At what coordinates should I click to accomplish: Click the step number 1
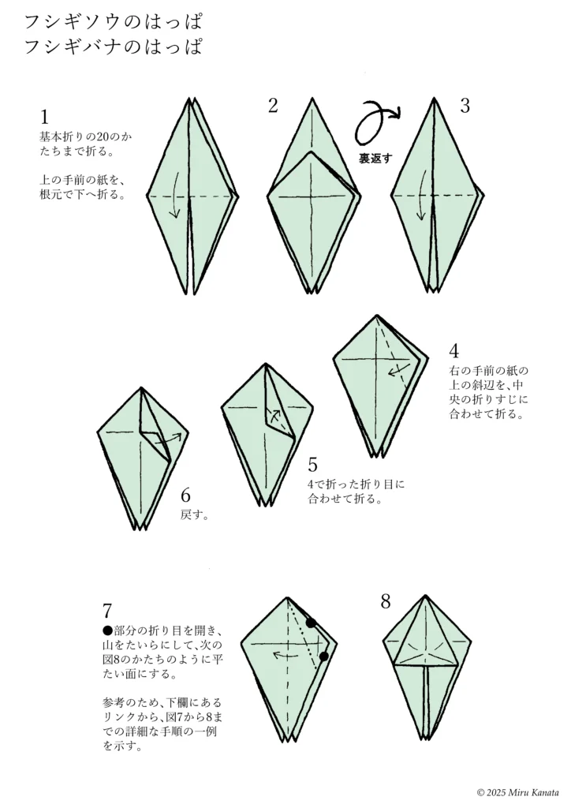45,117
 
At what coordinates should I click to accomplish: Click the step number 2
273,106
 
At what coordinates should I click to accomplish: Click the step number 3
465,106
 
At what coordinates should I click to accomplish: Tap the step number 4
454,351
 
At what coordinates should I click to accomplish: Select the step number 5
313,465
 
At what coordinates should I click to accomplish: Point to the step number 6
186,496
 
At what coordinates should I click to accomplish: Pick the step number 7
108,611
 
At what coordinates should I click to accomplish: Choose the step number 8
385,602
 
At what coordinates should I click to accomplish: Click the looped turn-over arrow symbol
376,122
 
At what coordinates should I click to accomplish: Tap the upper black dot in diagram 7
312,623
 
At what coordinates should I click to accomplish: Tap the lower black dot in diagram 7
323,656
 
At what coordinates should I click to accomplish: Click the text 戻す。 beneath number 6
195,515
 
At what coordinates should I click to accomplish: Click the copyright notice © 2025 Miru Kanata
517,791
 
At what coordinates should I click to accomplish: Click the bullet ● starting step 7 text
108,630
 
